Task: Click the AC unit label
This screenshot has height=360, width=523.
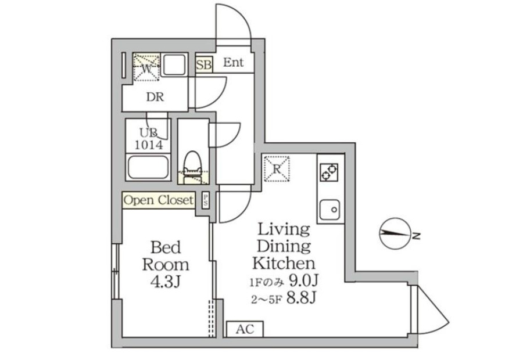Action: click(245, 329)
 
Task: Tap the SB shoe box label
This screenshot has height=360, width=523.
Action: click(204, 64)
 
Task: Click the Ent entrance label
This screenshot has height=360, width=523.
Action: click(233, 62)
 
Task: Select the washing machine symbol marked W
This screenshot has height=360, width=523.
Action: click(146, 67)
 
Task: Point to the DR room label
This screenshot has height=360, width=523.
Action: click(155, 97)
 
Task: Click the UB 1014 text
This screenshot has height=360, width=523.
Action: click(149, 139)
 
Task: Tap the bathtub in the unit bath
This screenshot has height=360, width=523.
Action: click(148, 167)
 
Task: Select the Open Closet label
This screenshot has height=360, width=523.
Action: click(159, 200)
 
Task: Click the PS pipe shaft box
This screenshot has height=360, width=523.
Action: click(206, 200)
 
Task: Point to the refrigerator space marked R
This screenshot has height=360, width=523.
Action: click(277, 169)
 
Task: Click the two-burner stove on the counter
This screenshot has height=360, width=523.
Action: click(329, 172)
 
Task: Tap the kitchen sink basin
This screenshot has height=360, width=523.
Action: click(329, 210)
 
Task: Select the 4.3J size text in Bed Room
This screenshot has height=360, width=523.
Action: click(166, 282)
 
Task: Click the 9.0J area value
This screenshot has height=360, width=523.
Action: click(303, 280)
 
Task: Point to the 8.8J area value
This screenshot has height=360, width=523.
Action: click(301, 298)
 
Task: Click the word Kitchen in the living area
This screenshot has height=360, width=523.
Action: click(284, 263)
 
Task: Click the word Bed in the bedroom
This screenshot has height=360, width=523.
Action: click(166, 247)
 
